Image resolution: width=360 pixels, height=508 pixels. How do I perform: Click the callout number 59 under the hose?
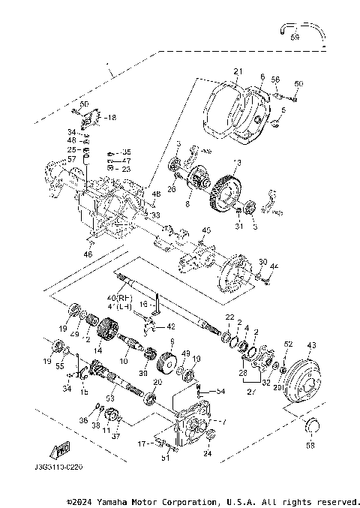pyautogui.click(x=295, y=36)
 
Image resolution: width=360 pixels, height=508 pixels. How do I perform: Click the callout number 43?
pyautogui.click(x=310, y=345)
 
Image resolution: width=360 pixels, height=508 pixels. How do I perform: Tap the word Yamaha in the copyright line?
pyautogui.click(x=114, y=500)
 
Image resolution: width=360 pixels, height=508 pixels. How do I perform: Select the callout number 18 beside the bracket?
pyautogui.click(x=110, y=118)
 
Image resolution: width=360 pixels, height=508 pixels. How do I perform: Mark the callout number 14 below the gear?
pyautogui.click(x=98, y=350)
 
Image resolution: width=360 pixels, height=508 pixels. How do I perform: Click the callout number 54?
pyautogui.click(x=220, y=392)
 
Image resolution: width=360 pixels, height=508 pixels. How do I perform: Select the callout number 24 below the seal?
pyautogui.click(x=208, y=453)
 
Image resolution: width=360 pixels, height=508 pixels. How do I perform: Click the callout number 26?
pyautogui.click(x=172, y=188)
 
